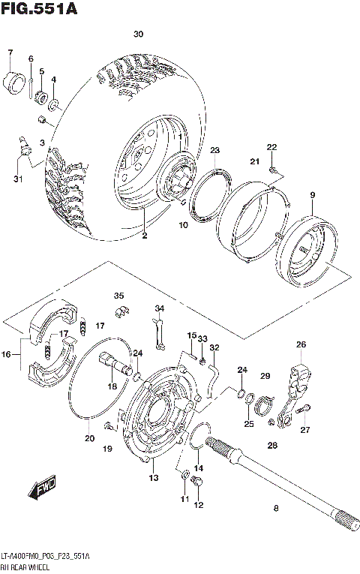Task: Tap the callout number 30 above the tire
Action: pyautogui.click(x=138, y=35)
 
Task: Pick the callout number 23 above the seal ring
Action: pyautogui.click(x=214, y=151)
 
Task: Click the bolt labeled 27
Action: pyautogui.click(x=304, y=409)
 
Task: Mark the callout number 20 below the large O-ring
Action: pyautogui.click(x=89, y=438)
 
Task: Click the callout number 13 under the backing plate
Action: pyautogui.click(x=153, y=478)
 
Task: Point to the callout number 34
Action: pyautogui.click(x=159, y=308)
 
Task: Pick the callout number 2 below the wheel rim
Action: pyautogui.click(x=144, y=236)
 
